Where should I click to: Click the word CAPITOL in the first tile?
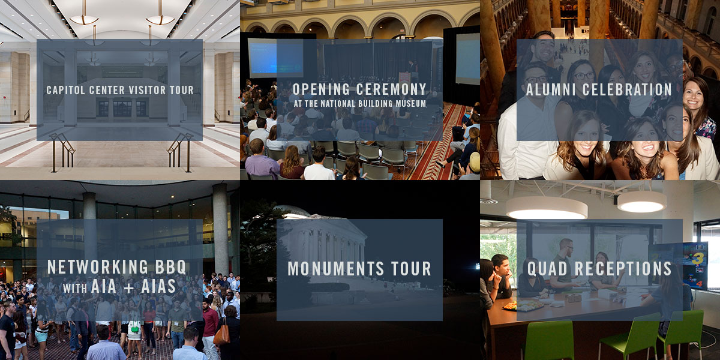tap(66, 91)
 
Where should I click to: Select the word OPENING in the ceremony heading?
tap(321, 89)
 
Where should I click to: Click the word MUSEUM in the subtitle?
tap(410, 103)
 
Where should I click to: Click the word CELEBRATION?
tap(627, 89)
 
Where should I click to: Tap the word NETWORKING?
tap(98, 267)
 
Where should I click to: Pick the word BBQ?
tap(170, 267)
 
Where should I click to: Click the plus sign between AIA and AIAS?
tap(128, 287)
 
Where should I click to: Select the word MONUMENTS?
tap(336, 269)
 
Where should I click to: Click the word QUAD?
tap(547, 269)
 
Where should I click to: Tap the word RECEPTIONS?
tap(623, 269)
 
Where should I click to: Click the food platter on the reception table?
tap(523, 305)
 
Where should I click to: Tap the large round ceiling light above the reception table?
tap(547, 208)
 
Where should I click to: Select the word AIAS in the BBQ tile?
tap(158, 286)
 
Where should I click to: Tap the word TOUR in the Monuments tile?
tap(411, 269)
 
